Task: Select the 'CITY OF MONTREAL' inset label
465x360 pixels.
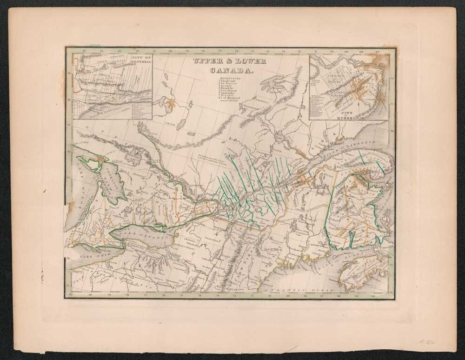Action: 137,60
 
